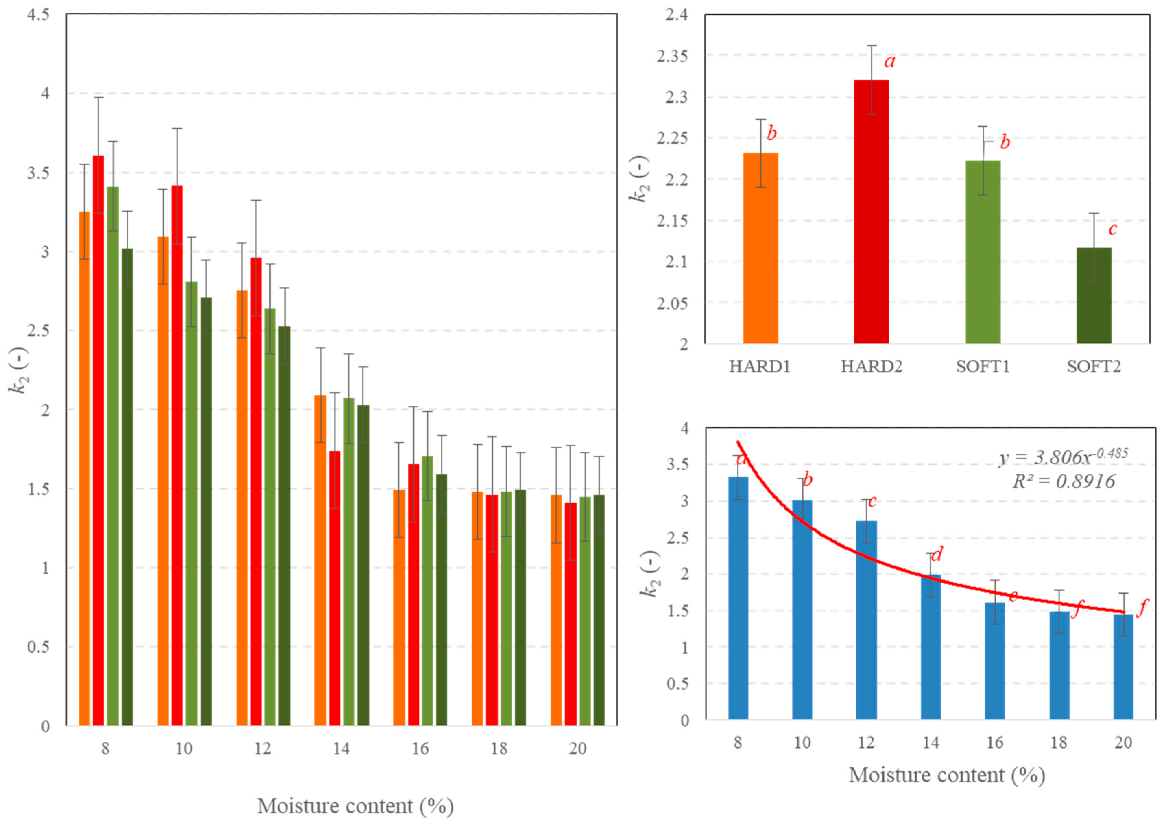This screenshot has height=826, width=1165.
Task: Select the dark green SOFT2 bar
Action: click(1093, 295)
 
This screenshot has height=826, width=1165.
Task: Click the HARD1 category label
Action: click(760, 367)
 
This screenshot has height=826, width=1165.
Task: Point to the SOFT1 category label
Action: click(983, 367)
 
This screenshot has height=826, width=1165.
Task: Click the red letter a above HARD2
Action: click(889, 61)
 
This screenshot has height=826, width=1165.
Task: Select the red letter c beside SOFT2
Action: click(1113, 229)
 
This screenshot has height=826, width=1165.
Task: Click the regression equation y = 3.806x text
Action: click(1063, 456)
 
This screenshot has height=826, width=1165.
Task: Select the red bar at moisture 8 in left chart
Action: click(98, 440)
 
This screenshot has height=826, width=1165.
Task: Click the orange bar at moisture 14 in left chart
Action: click(320, 560)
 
